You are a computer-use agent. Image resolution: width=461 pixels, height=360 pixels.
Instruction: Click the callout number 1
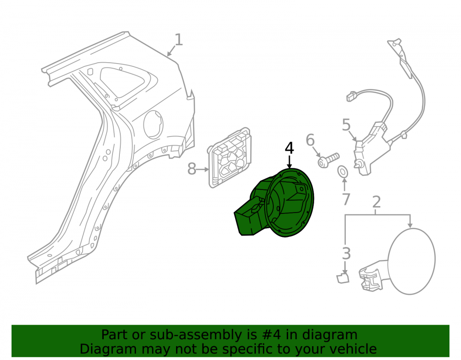[179, 40]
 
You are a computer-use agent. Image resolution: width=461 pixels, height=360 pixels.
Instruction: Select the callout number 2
[377, 202]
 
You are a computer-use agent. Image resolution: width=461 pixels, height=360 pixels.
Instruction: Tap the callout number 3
[347, 254]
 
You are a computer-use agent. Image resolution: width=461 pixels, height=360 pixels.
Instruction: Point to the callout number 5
[346, 125]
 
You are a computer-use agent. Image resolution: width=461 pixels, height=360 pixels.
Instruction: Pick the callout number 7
[346, 200]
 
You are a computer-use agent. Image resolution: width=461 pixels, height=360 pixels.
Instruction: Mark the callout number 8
[192, 169]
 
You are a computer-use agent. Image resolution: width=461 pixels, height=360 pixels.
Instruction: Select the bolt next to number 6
[328, 160]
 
